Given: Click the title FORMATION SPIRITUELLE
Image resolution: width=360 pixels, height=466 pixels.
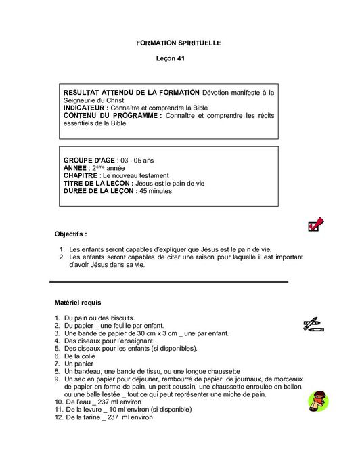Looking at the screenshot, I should click(x=179, y=43).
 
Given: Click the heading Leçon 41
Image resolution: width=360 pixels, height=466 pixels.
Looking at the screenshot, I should click(x=171, y=59).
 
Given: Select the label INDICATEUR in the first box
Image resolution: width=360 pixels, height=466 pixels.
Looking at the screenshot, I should click(x=85, y=108).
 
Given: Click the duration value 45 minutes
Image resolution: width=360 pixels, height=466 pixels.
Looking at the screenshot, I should click(x=156, y=191).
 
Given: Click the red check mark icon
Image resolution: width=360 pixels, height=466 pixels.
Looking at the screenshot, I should click(x=315, y=224).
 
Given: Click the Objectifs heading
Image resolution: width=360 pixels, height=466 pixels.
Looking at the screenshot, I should click(x=70, y=234).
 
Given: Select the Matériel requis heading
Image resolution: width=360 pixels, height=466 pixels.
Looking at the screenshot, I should click(x=78, y=302).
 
